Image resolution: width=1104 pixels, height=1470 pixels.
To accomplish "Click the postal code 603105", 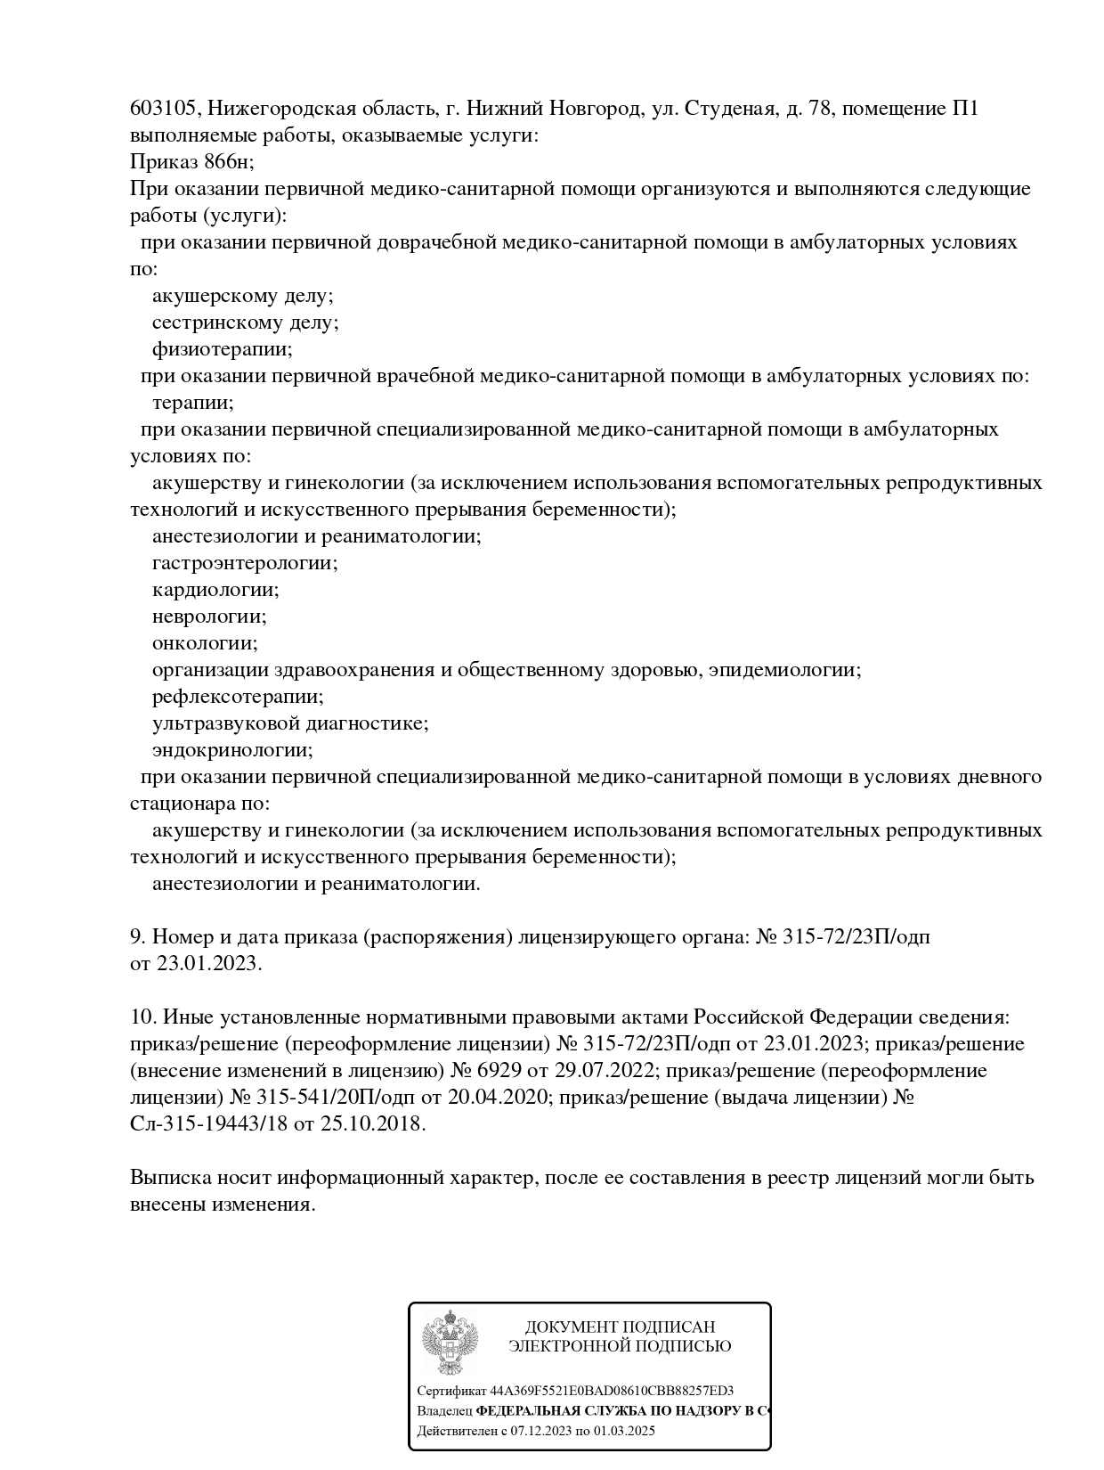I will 166,109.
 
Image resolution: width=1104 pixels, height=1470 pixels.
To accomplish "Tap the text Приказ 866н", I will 191,162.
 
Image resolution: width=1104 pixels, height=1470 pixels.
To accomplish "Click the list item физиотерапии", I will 223,349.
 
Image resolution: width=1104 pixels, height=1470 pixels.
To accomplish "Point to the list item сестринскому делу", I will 245,323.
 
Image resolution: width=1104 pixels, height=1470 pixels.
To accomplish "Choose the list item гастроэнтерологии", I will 245,563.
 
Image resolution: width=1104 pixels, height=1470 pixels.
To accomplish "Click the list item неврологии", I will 209,617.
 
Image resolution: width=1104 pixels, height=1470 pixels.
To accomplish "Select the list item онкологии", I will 205,643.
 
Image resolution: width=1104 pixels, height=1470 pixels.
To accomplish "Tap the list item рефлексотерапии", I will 238,697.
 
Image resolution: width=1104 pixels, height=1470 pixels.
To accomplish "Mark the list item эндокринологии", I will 232,750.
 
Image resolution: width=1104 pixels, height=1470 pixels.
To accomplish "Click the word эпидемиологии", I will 784,670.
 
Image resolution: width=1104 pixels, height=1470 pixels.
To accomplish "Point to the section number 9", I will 137,936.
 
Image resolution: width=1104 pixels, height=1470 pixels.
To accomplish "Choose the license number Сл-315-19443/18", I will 208,1123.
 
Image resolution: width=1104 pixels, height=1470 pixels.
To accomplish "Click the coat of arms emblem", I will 450,1344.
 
